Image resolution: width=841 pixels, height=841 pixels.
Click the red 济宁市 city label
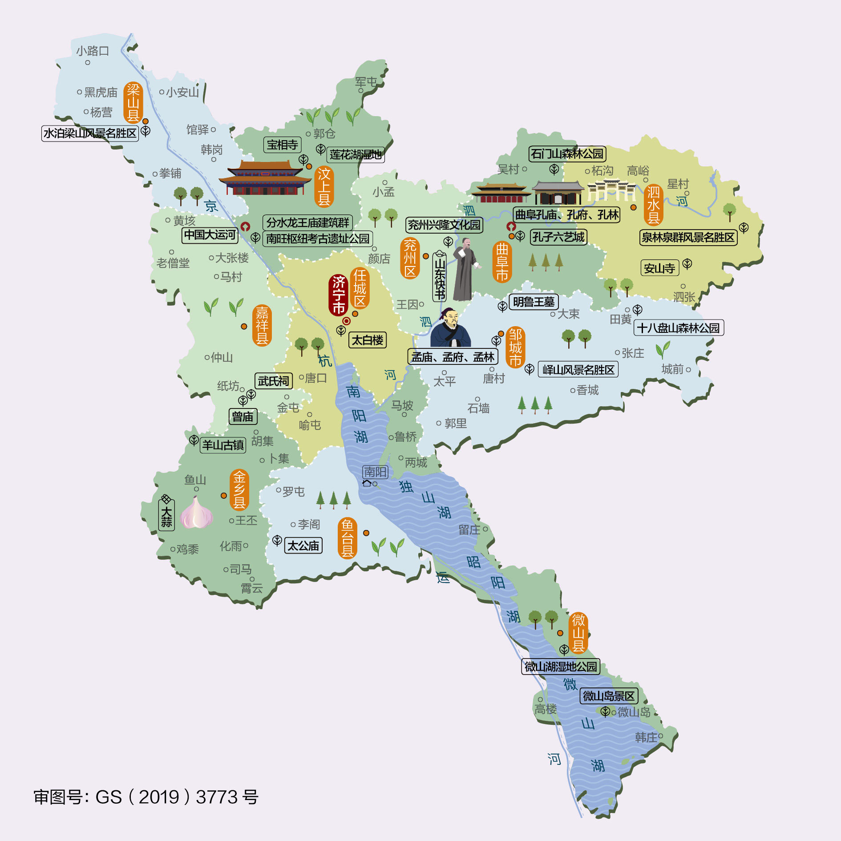(x=339, y=295)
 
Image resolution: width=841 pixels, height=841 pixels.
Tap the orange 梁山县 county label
(x=133, y=103)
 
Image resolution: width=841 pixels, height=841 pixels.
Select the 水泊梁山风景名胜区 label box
(x=90, y=133)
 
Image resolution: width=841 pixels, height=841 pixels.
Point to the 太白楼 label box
(x=367, y=340)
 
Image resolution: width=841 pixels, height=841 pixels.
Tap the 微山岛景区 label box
(x=609, y=696)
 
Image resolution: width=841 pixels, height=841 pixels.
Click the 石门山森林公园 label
(x=567, y=154)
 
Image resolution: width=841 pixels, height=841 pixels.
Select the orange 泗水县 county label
(x=653, y=205)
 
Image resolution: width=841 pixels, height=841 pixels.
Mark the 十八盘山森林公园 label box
(x=678, y=328)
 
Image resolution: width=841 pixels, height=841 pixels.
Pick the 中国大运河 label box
(x=210, y=235)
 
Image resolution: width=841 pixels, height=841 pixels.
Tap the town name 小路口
(x=93, y=51)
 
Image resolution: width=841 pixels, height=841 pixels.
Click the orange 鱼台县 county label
(x=347, y=538)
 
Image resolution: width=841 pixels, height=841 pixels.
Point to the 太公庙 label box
(x=303, y=546)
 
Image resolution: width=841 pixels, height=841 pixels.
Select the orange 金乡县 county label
(x=239, y=490)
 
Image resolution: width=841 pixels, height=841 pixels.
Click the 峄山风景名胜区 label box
(x=578, y=370)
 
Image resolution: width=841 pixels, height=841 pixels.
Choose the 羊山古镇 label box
(x=223, y=445)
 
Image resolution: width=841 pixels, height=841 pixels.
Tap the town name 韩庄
(x=646, y=738)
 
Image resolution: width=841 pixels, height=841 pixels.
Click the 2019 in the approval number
(x=159, y=797)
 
